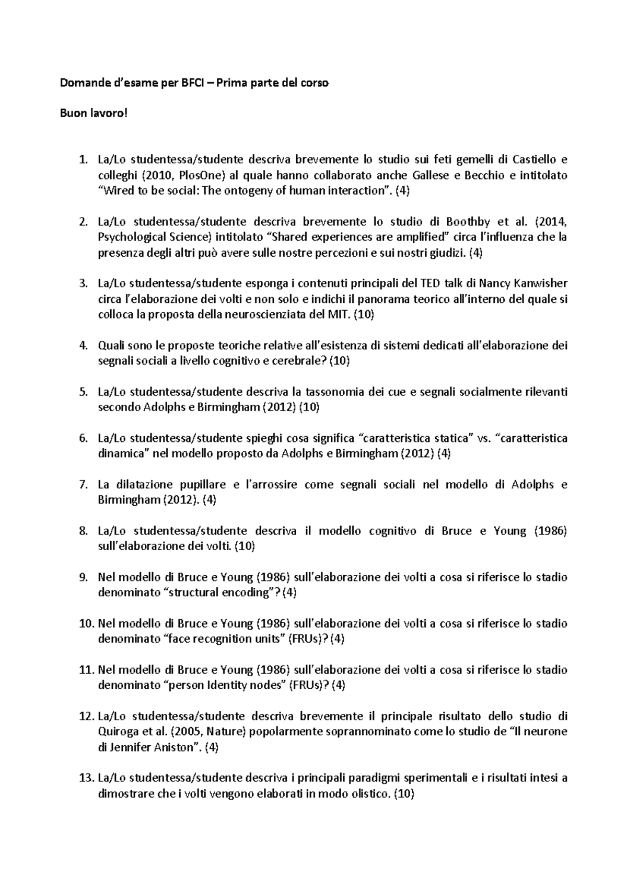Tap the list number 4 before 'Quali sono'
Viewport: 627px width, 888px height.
click(82, 346)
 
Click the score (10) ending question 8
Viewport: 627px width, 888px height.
click(245, 547)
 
